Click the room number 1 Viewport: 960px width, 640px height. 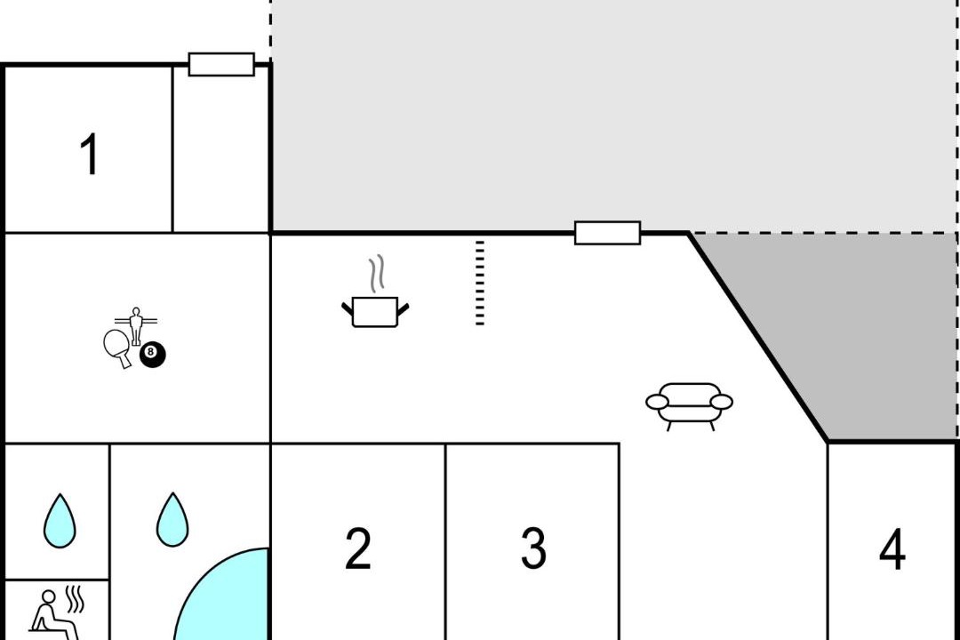click(x=90, y=154)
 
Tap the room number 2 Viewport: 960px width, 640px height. click(x=358, y=548)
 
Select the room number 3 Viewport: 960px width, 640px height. click(x=533, y=548)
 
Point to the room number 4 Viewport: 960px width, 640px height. click(x=892, y=549)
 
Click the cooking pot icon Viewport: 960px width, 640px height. click(x=375, y=312)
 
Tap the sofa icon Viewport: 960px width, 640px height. click(x=690, y=406)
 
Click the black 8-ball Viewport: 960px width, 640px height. click(x=153, y=355)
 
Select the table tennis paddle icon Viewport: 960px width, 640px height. click(x=117, y=348)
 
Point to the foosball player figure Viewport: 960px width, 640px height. click(x=136, y=325)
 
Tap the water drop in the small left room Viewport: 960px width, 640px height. click(x=60, y=521)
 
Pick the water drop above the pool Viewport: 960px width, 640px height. click(x=172, y=519)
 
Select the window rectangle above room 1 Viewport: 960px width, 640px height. click(x=221, y=64)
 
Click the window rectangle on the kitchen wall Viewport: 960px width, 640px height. click(x=607, y=233)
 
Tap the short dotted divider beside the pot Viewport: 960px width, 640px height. click(x=480, y=283)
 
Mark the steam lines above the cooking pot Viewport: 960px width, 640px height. click(x=377, y=273)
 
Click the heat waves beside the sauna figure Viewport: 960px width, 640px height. click(x=75, y=600)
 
